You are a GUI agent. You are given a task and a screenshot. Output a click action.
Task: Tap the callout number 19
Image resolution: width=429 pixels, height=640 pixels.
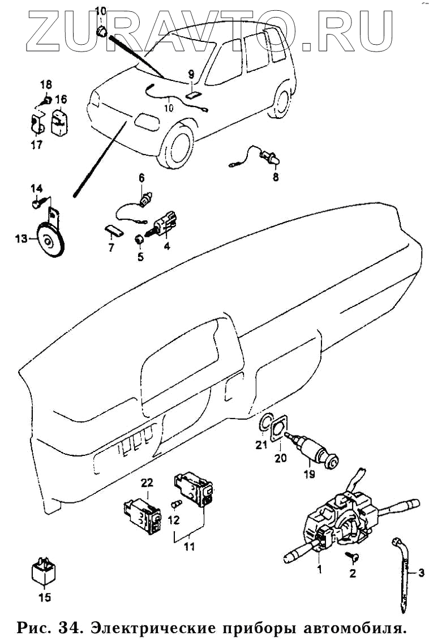(x=309, y=474)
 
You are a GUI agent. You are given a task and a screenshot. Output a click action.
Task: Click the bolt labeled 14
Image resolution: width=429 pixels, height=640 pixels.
(x=36, y=202)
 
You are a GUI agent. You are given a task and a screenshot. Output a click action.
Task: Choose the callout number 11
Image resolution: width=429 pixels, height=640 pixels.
(x=189, y=546)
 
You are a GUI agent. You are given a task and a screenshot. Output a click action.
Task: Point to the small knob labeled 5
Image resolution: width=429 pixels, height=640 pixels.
(x=139, y=239)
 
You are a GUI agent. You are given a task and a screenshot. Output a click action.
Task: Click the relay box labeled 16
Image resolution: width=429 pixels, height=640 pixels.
(x=59, y=121)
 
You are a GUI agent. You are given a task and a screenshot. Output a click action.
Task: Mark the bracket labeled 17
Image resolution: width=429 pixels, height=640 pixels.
(x=38, y=125)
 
